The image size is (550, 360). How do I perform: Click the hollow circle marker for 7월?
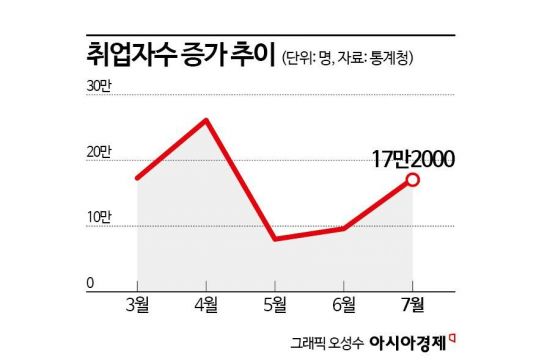pos(412,181)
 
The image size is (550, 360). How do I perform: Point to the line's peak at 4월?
pos(205,121)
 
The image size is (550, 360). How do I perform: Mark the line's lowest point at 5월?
pos(274,239)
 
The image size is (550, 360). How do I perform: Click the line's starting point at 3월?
pos(137,178)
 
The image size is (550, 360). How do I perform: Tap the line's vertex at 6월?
pos(342,229)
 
